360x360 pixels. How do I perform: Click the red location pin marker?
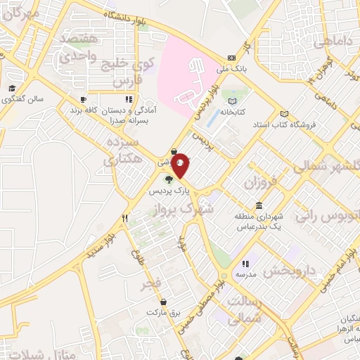pos(181,165)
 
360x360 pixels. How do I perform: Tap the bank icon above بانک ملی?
pos(231,58)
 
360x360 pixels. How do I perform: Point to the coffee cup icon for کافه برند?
pos(82,100)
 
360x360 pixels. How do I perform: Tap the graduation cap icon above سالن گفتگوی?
pos(12,89)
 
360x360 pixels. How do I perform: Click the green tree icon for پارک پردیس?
pos(168,179)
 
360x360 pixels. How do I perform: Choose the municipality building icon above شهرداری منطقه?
pos(259,206)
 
